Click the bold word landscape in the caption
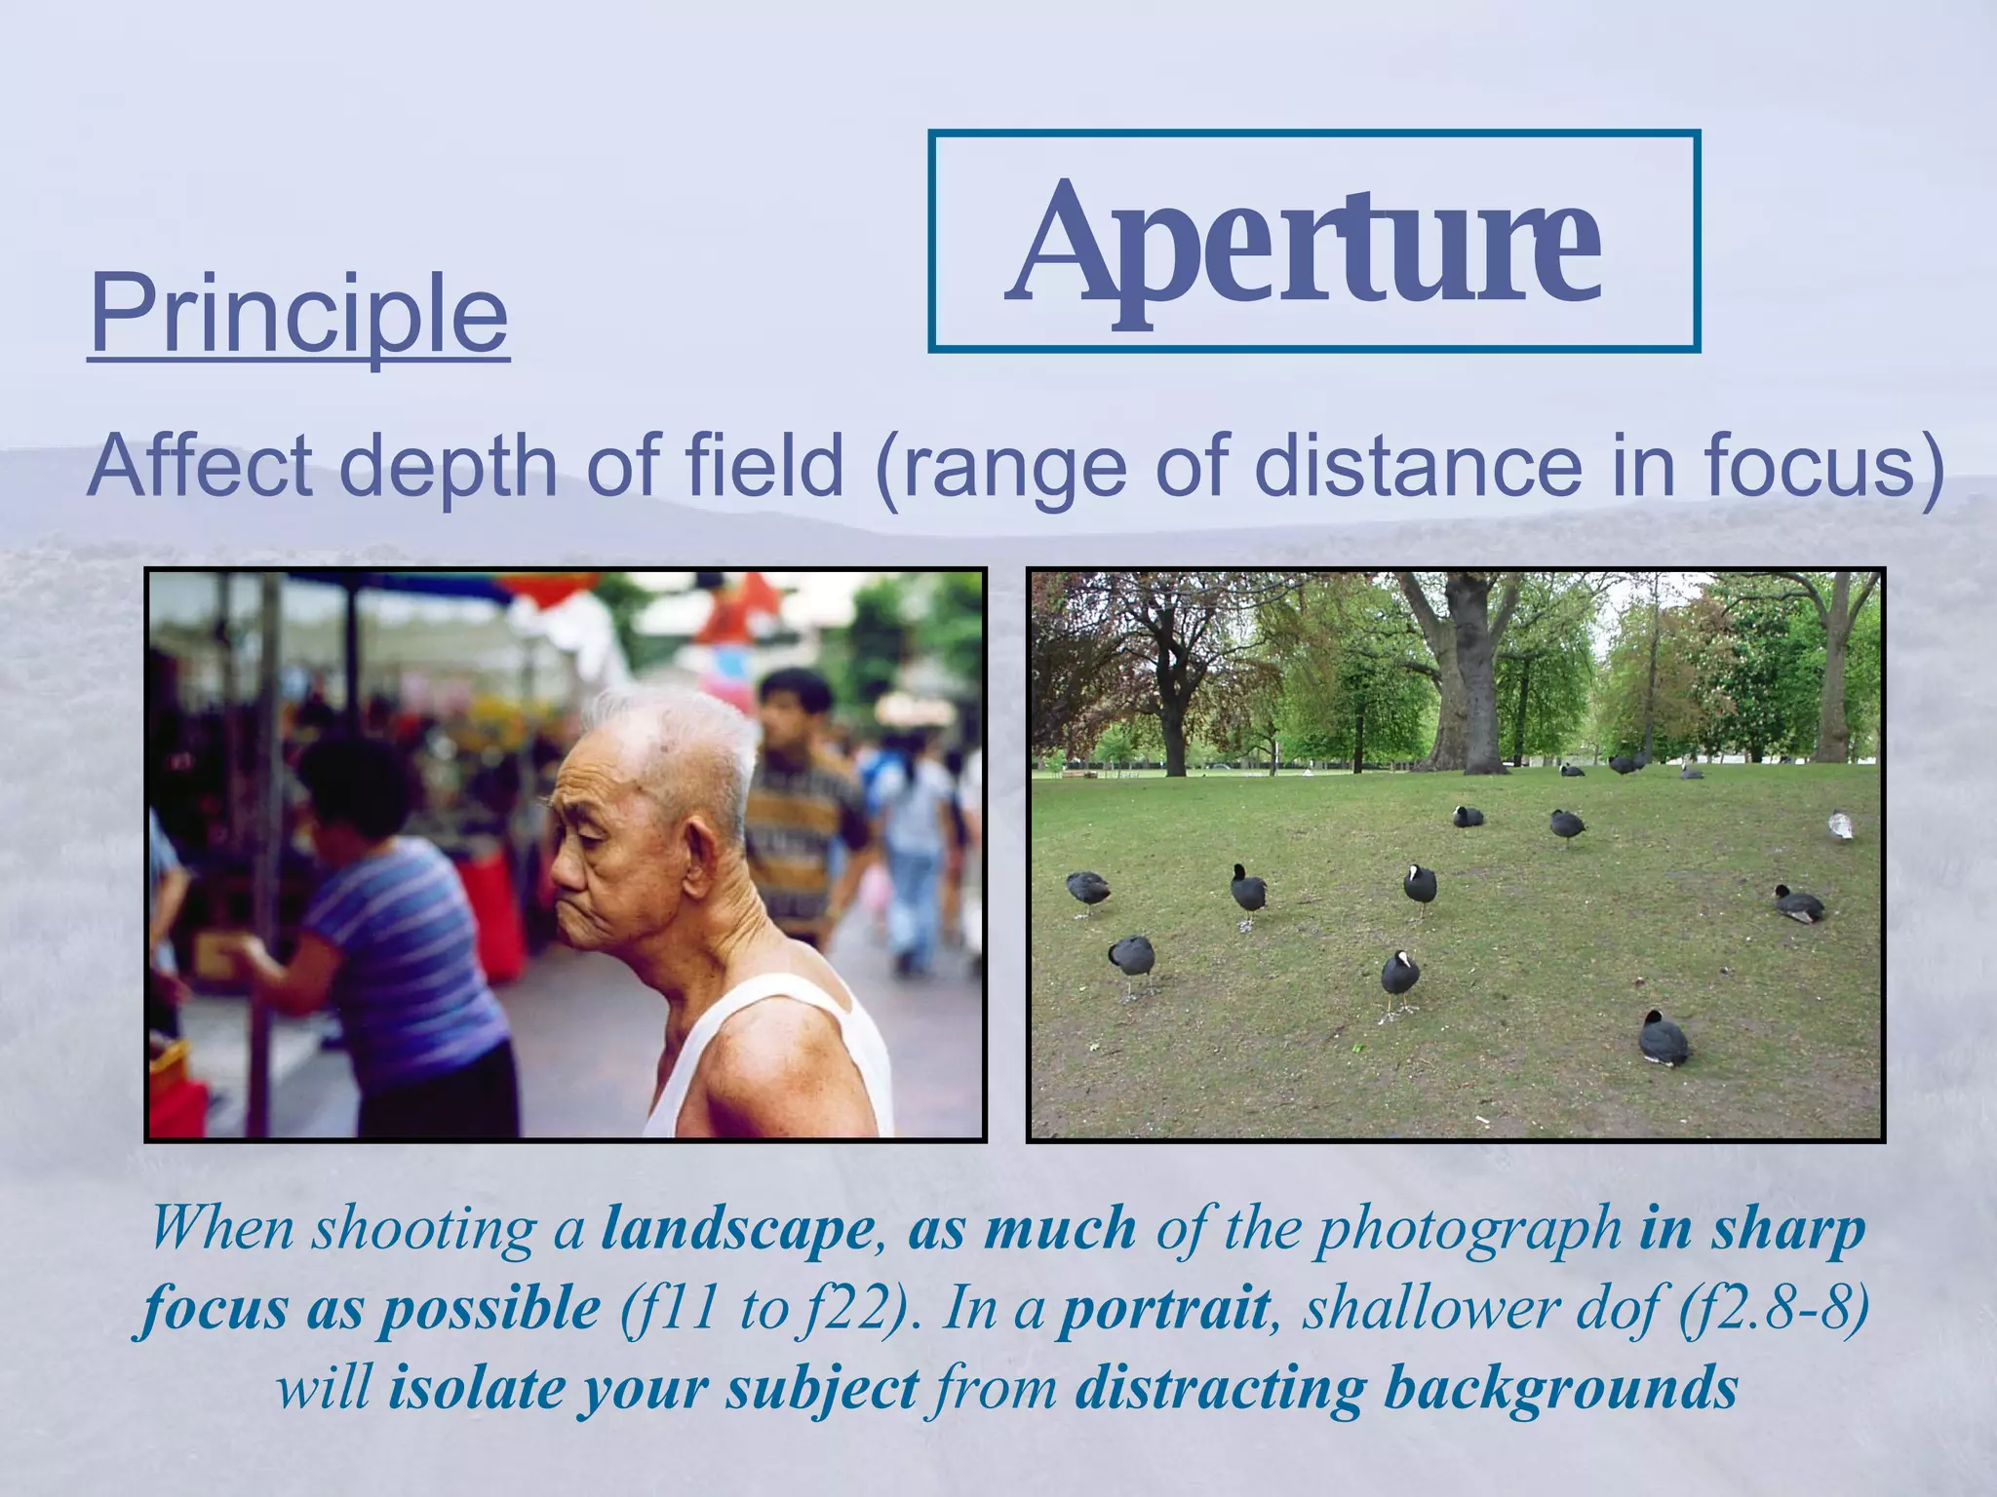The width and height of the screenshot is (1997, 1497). pyautogui.click(x=737, y=1229)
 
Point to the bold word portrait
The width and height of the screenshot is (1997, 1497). pyautogui.click(x=1164, y=1308)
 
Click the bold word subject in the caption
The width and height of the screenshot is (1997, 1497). pyautogui.click(x=821, y=1388)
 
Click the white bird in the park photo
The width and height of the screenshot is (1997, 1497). pyautogui.click(x=1840, y=826)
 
